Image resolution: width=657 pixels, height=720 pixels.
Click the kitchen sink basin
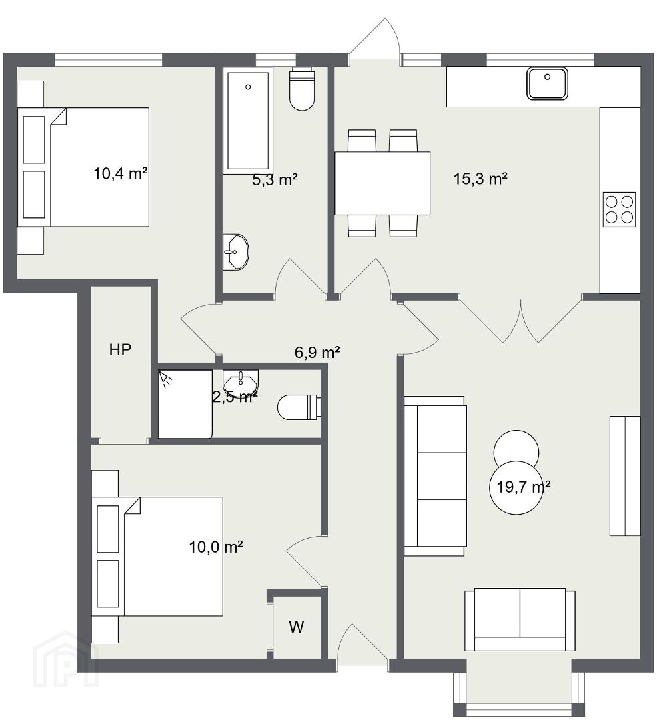[547, 83]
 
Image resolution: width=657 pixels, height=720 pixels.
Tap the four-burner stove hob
[619, 209]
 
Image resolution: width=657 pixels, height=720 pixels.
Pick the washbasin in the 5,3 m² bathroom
[236, 252]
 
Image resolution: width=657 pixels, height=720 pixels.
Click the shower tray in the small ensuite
[185, 404]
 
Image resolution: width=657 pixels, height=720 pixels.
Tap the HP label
[120, 350]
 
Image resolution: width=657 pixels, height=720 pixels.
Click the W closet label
[297, 626]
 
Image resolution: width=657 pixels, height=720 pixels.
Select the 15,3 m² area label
[480, 178]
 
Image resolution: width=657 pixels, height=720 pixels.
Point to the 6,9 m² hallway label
[317, 352]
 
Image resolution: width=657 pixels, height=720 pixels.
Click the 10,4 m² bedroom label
[120, 173]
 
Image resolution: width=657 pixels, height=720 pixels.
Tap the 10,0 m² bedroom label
[216, 547]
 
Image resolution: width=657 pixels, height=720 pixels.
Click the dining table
[382, 183]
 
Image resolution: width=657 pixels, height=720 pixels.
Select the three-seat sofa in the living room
[435, 476]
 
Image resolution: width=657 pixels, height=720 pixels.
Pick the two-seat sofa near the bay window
[520, 619]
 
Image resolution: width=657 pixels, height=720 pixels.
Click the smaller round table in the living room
[516, 448]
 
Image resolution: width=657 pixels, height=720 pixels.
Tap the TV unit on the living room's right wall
[625, 476]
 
